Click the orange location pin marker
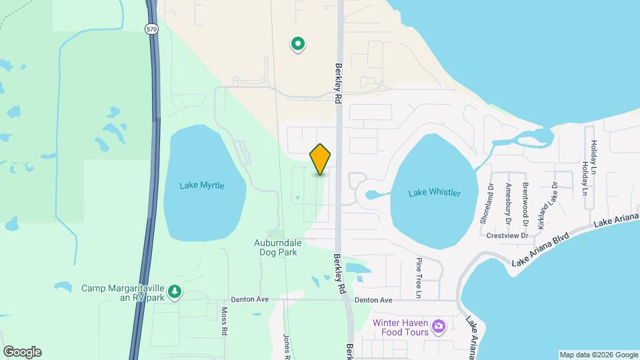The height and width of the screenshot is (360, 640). tap(320, 159)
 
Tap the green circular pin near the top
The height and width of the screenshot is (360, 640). tap(299, 45)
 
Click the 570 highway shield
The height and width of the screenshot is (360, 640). tap(151, 29)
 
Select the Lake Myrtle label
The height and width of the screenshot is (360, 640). tap(202, 185)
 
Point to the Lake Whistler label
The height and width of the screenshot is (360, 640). tap(434, 193)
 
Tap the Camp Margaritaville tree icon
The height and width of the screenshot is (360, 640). tap(175, 292)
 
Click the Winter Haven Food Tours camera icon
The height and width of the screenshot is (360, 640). tap(438, 325)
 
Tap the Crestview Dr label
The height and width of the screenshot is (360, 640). tap(507, 235)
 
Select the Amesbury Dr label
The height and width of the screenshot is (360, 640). tap(508, 203)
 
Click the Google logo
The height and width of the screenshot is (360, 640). tap(22, 352)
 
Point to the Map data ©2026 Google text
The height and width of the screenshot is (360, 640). tap(599, 355)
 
